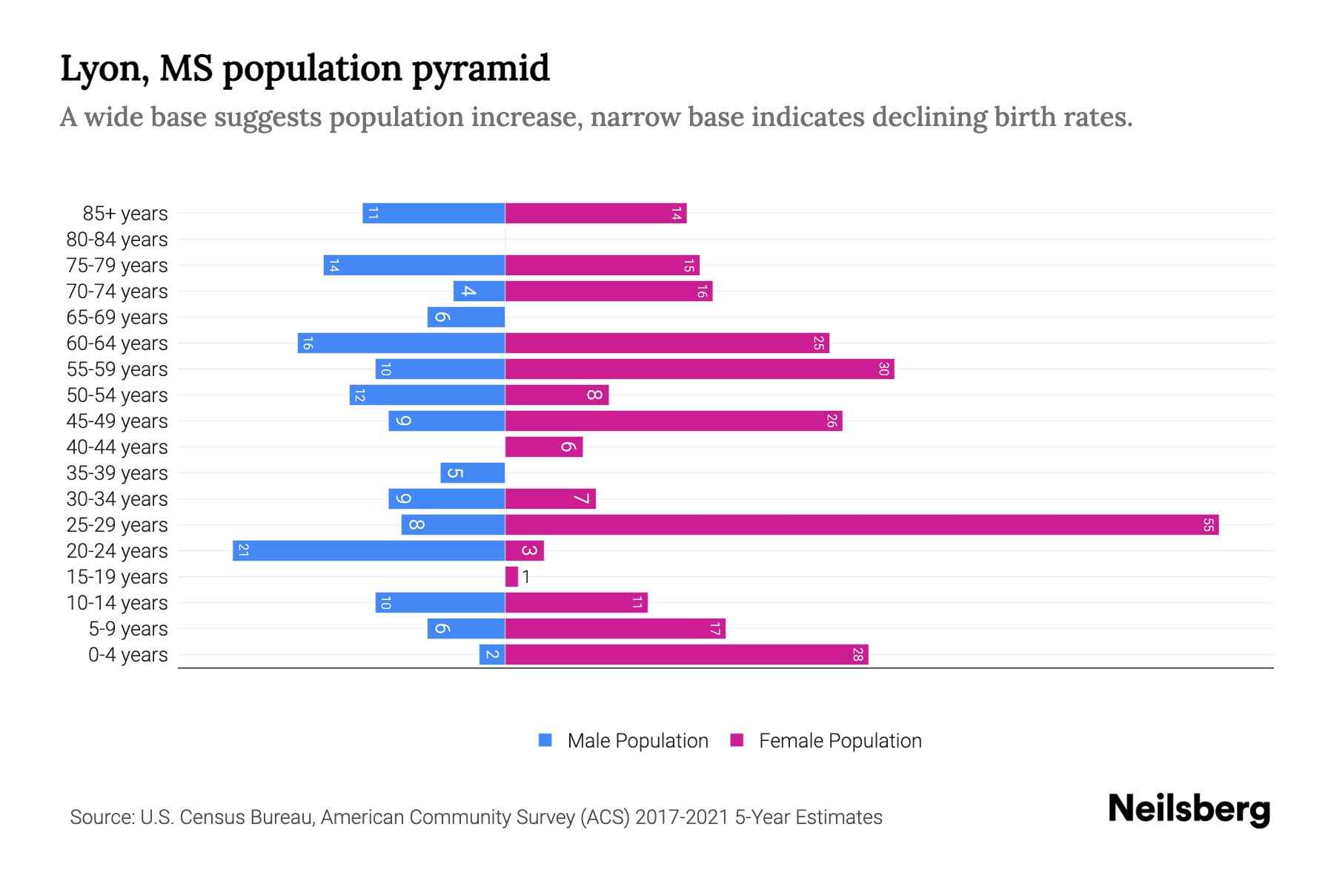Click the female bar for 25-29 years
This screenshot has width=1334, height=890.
click(861, 525)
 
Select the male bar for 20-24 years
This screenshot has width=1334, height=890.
click(368, 551)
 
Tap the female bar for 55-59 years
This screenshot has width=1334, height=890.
click(699, 369)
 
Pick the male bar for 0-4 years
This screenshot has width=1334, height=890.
click(491, 655)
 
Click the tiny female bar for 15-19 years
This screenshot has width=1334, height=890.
click(511, 577)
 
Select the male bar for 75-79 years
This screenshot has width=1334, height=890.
click(414, 266)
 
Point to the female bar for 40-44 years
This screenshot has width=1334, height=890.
click(543, 447)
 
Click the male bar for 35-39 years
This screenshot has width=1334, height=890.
click(472, 473)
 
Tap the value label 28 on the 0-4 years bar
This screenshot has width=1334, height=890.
click(857, 655)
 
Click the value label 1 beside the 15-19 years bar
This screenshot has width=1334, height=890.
click(525, 577)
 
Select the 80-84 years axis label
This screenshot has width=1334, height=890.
click(117, 240)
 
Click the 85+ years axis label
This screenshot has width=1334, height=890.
click(125, 214)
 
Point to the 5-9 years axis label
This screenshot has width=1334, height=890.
click(128, 629)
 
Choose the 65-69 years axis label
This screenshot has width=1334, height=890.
click(117, 317)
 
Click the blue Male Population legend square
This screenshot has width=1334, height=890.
click(545, 740)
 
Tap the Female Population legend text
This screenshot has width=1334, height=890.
click(840, 741)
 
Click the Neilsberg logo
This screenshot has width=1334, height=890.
click(1189, 809)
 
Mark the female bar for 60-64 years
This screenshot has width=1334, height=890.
click(667, 343)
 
